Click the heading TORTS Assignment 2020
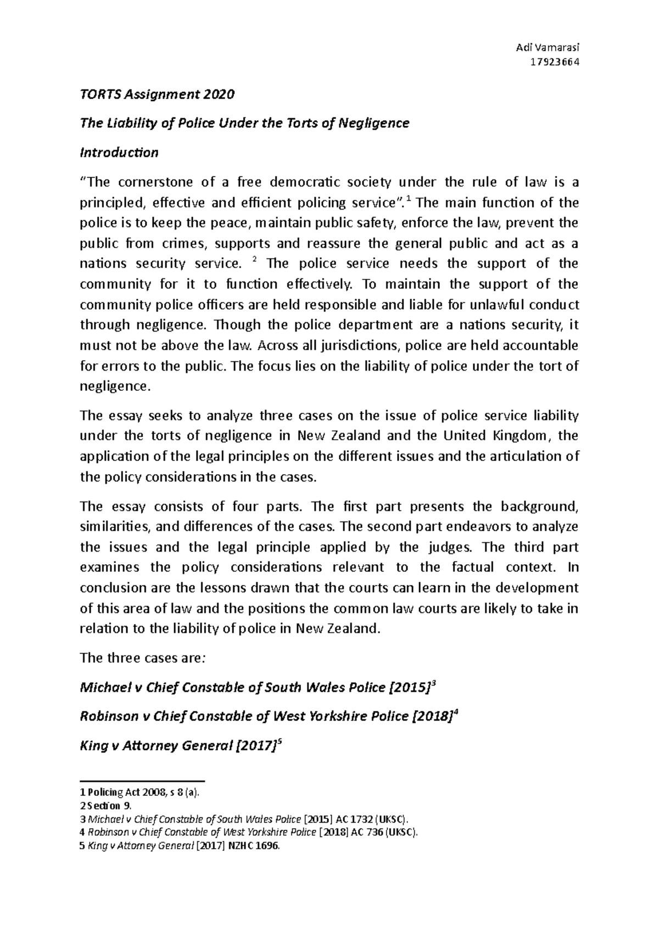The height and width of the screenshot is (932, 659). pyautogui.click(x=157, y=94)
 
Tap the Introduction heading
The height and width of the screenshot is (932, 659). pyautogui.click(x=119, y=152)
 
